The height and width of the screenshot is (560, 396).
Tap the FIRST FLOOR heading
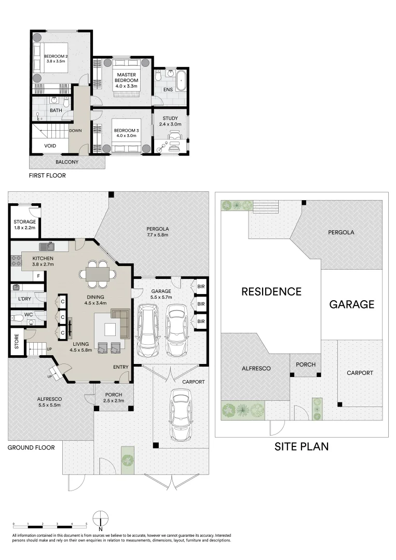pyautogui.click(x=47, y=176)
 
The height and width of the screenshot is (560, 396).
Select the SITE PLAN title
pyautogui.click(x=301, y=446)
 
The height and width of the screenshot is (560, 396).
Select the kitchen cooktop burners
pyautogui.click(x=16, y=261)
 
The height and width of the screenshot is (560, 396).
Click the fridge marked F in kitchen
pyautogui.click(x=38, y=276)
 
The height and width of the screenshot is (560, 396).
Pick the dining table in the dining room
pyautogui.click(x=98, y=275)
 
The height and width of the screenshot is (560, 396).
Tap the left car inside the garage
pyautogui.click(x=148, y=330)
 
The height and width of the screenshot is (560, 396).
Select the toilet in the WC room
pyautogui.click(x=17, y=317)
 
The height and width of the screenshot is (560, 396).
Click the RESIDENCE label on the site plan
pyautogui.click(x=271, y=291)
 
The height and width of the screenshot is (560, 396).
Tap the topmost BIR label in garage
pyautogui.click(x=201, y=286)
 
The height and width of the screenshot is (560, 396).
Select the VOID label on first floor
pyautogui.click(x=50, y=146)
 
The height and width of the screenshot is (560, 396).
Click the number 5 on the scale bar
pyautogui.click(x=86, y=525)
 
